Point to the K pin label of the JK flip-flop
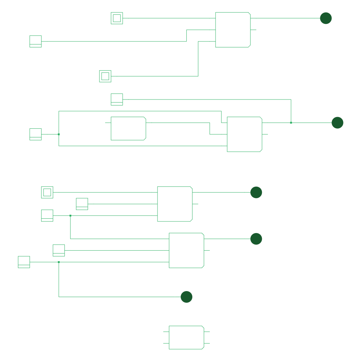pos(230,146)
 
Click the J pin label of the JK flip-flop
pos(229,123)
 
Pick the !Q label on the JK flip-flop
pos(259,134)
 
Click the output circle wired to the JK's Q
pos(337,123)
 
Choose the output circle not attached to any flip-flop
pos(186,297)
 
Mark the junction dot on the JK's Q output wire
pos(291,123)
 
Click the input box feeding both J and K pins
pos(36,134)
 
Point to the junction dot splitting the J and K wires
pos(59,134)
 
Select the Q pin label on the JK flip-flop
pos(259,123)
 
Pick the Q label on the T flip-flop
pos(201,332)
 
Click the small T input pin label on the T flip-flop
pos(171,332)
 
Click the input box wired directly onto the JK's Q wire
pos(117,99)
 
